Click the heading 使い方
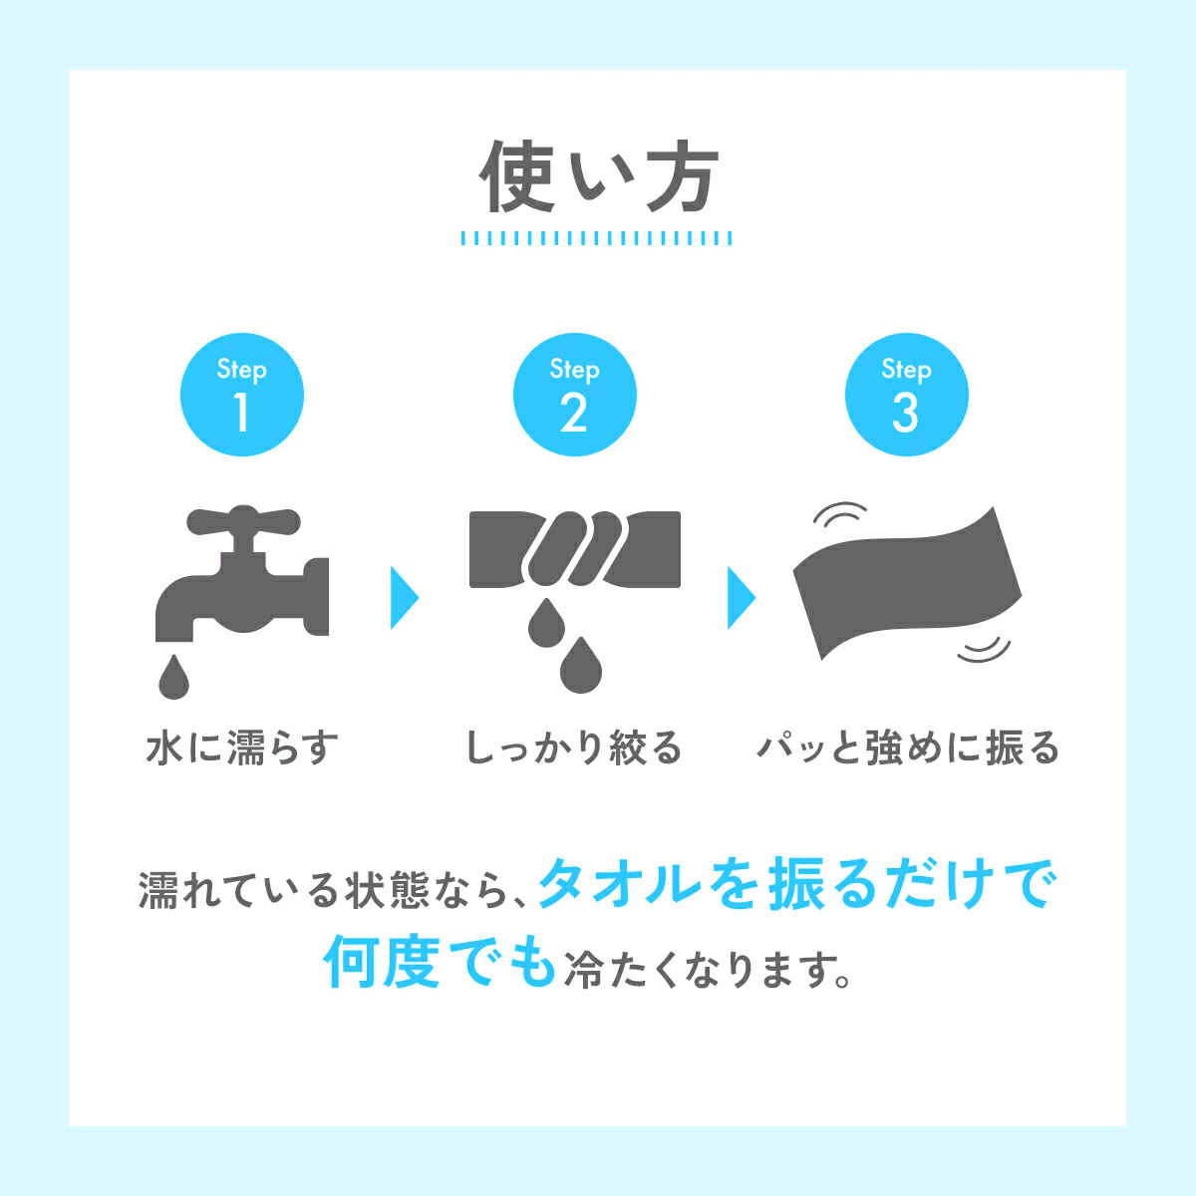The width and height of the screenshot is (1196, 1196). click(x=598, y=176)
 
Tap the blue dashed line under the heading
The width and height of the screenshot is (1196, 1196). click(x=596, y=238)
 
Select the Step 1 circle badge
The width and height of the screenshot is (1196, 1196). click(x=242, y=395)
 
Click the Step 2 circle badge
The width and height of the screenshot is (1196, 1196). click(x=575, y=395)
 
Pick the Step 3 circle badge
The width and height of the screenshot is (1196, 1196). click(x=907, y=395)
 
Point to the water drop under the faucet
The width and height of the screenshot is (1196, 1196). click(x=173, y=677)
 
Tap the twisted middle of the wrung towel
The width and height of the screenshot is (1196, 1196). click(x=575, y=548)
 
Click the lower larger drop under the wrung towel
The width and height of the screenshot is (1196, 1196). click(x=581, y=665)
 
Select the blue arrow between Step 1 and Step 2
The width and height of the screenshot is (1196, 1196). click(x=404, y=598)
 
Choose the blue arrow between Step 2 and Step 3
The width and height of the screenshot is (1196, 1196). click(x=742, y=598)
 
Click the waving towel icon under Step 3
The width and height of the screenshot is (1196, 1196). click(x=907, y=583)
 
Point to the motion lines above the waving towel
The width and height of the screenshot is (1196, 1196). click(x=839, y=512)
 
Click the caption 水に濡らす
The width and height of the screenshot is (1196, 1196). click(x=242, y=747)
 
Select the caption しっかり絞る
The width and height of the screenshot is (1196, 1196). click(x=574, y=747)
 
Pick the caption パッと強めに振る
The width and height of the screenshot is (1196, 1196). click(x=907, y=747)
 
